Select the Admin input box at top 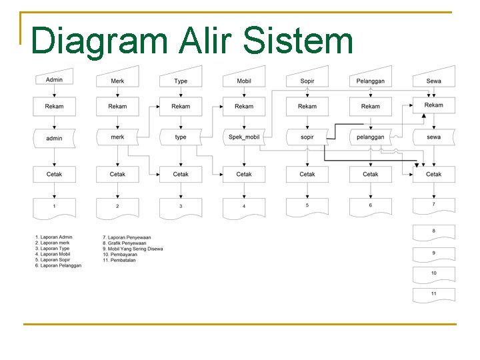[x=55, y=79]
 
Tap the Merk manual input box [x=117, y=79]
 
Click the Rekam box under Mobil [x=244, y=106]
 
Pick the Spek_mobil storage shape [x=244, y=137]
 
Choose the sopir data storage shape [x=307, y=137]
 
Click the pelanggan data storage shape [x=371, y=137]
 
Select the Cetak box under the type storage [x=181, y=174]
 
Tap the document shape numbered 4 [x=244, y=207]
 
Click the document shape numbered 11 [x=433, y=295]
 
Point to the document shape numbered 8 [x=433, y=232]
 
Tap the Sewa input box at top [x=433, y=79]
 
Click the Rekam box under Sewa [x=433, y=105]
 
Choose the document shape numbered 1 [x=55, y=207]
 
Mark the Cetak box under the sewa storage [x=433, y=174]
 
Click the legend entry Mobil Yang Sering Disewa [x=133, y=249]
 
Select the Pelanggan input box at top [x=371, y=79]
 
